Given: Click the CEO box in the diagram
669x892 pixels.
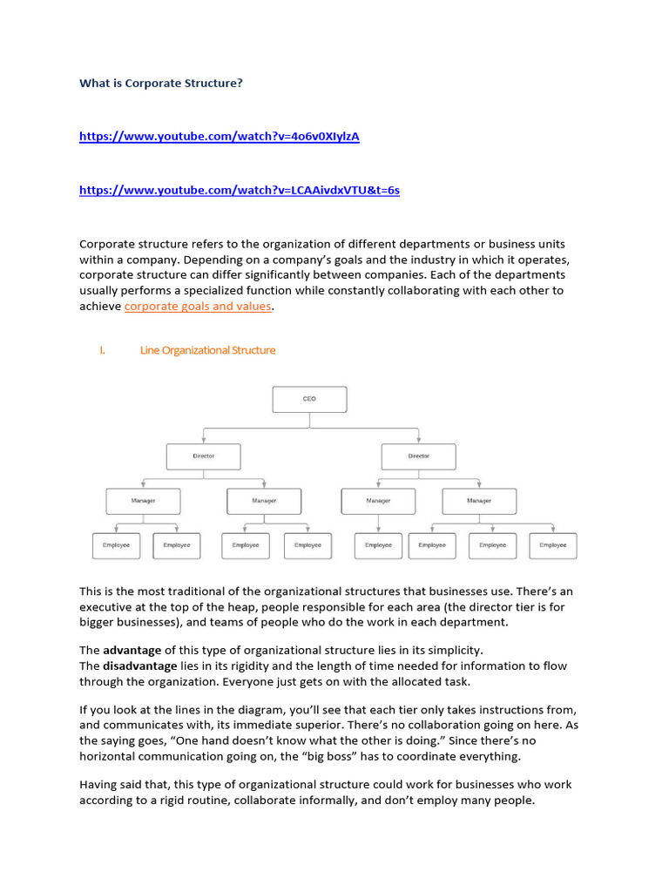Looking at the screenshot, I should click(x=309, y=399).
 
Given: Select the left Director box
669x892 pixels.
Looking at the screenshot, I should click(x=203, y=456).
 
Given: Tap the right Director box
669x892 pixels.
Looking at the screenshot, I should click(x=418, y=456).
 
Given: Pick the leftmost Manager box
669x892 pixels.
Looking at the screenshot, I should click(x=143, y=501).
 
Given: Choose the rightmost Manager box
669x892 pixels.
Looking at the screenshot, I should click(x=479, y=501).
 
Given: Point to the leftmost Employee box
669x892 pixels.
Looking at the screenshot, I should click(x=116, y=545).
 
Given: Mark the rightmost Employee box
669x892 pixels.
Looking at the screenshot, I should click(x=552, y=545).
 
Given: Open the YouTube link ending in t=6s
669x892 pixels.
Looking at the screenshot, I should click(x=239, y=190).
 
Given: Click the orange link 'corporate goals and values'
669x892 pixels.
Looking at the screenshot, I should click(x=198, y=307).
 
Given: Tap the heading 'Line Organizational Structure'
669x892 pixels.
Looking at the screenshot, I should click(x=207, y=350).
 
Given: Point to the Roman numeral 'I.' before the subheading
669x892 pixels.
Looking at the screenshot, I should click(x=102, y=350).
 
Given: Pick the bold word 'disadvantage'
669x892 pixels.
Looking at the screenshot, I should click(x=140, y=666).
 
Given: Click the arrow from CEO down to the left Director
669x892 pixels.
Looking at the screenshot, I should click(x=203, y=436).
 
